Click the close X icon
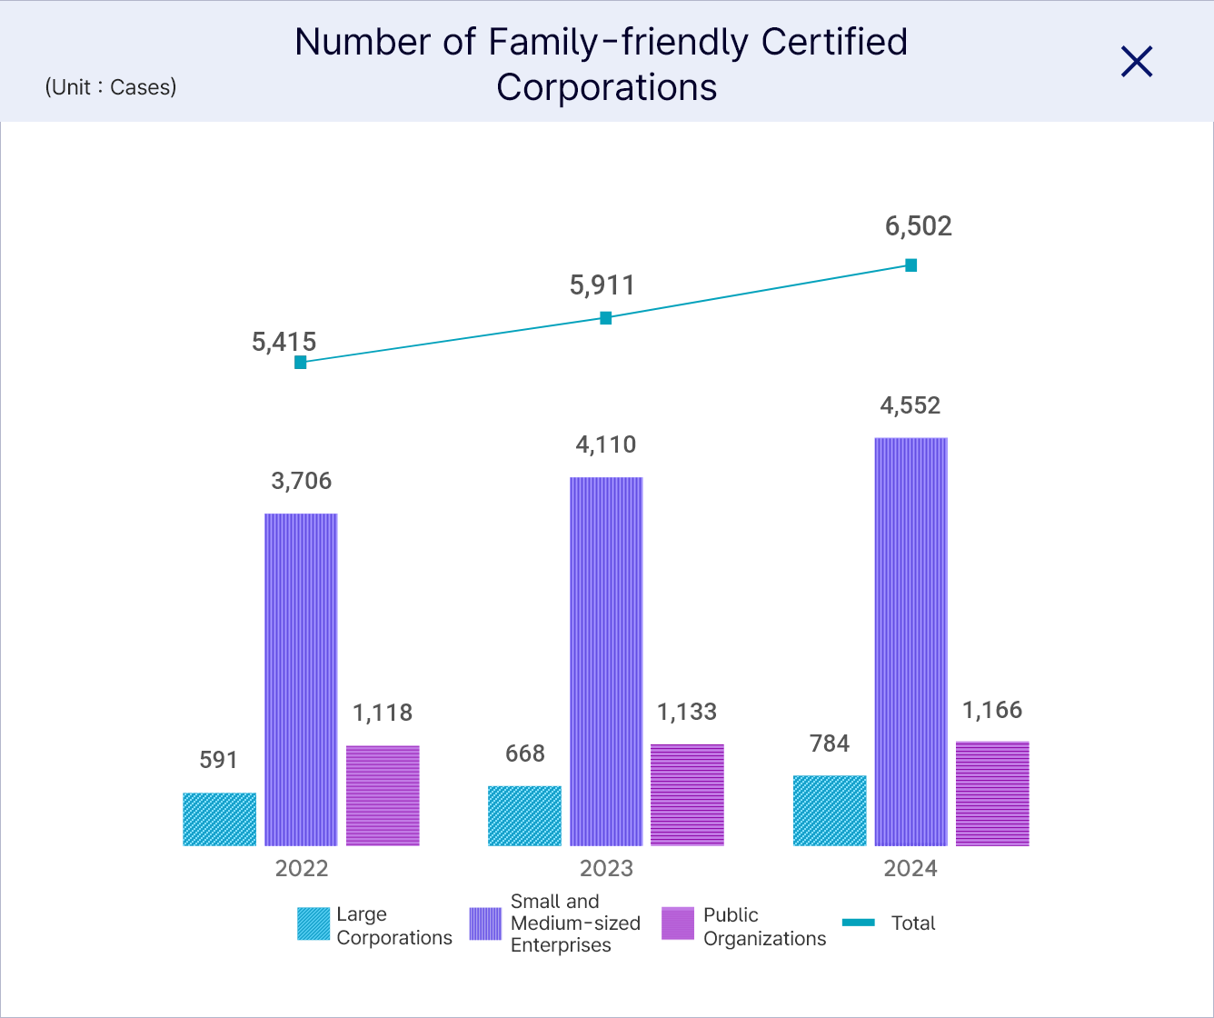coord(1137,62)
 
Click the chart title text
coord(602,65)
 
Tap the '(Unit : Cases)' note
coord(111,87)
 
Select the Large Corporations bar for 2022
coord(219,819)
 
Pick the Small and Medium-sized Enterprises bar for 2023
coord(606,661)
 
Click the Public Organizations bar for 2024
coord(992,793)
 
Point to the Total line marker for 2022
coord(301,362)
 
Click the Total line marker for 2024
coord(911,265)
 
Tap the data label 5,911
coord(602,285)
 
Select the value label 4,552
coord(910,405)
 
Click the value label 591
coord(218,760)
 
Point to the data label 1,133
coord(687,712)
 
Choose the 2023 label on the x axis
coord(606,868)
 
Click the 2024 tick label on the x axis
coord(910,868)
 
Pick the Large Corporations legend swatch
coord(313,923)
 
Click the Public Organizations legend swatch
coord(678,923)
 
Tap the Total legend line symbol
coord(859,923)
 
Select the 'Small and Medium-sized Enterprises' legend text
coord(575,923)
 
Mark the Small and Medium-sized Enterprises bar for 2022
coord(301,679)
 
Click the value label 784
coord(830,744)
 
